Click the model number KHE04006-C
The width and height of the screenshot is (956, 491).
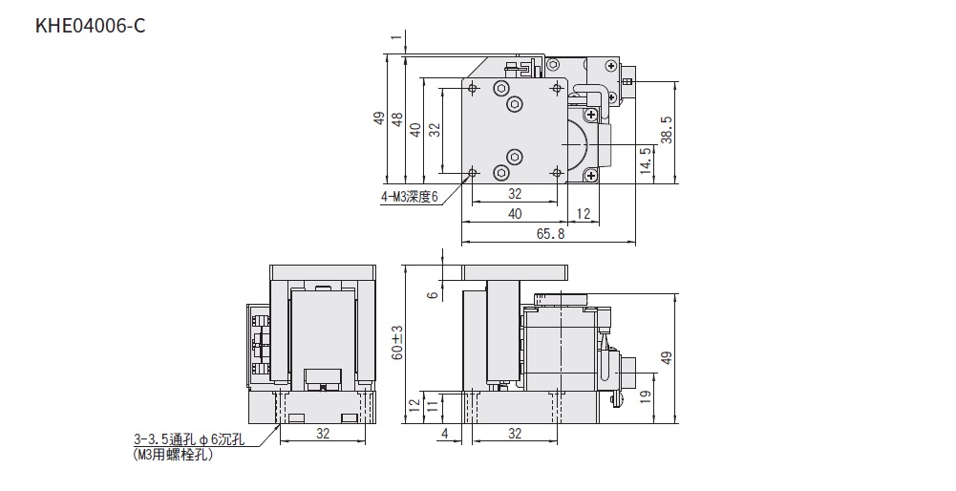(x=90, y=26)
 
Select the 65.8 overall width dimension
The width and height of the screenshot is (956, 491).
(x=550, y=234)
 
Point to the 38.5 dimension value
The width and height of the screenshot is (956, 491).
(x=667, y=130)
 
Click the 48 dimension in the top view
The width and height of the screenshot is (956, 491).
(x=397, y=119)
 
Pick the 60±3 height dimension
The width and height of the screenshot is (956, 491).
(x=397, y=342)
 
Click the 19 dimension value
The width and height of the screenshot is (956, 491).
(x=647, y=395)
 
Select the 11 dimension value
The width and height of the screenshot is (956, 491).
(x=432, y=408)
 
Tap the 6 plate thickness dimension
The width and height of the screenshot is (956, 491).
(x=433, y=295)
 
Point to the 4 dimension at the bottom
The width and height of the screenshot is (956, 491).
(x=444, y=433)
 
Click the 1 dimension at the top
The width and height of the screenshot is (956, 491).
(x=397, y=38)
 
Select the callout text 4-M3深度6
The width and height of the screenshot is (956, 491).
(x=410, y=197)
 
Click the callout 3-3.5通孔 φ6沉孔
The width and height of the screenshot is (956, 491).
(x=189, y=439)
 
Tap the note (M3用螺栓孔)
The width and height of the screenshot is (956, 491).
(x=173, y=455)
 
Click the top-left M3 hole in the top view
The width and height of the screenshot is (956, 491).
(x=473, y=89)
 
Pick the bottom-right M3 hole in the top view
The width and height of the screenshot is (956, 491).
(x=557, y=173)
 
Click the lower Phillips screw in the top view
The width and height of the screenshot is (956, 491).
(x=591, y=176)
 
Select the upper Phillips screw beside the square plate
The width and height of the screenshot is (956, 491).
(x=591, y=114)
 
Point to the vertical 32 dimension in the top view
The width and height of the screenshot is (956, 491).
(x=435, y=130)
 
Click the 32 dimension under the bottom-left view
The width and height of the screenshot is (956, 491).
(x=323, y=433)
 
